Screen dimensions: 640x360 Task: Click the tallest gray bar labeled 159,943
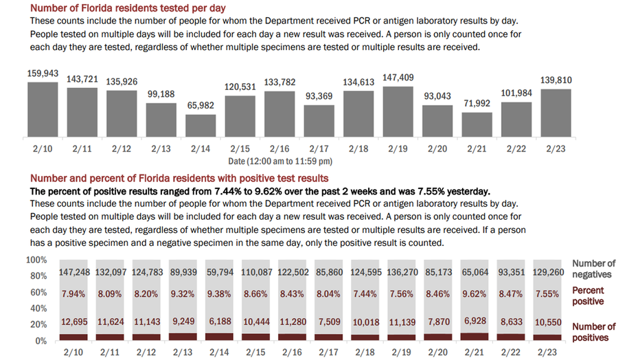43,109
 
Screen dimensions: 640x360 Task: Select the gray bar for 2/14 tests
201,126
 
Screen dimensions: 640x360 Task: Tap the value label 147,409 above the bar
398,78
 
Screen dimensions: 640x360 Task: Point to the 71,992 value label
477,103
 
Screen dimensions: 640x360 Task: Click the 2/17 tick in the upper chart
319,148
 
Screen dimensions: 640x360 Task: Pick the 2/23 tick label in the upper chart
556,148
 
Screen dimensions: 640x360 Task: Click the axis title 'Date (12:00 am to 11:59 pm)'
280,161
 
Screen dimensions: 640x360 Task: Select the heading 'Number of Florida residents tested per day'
128,8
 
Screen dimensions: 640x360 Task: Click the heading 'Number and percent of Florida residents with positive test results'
179,179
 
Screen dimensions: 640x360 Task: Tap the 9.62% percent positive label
475,294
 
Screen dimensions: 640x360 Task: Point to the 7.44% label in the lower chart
365,294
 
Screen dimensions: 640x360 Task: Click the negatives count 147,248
74,272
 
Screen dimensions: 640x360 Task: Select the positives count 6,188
220,322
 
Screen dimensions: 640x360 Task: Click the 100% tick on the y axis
36,260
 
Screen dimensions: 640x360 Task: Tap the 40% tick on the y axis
38,308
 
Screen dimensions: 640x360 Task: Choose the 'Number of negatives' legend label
593,269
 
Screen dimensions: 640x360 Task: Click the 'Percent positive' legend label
588,296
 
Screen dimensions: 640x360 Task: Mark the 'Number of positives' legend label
593,333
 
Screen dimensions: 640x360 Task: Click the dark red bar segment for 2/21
475,337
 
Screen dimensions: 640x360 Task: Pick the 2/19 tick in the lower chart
401,352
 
